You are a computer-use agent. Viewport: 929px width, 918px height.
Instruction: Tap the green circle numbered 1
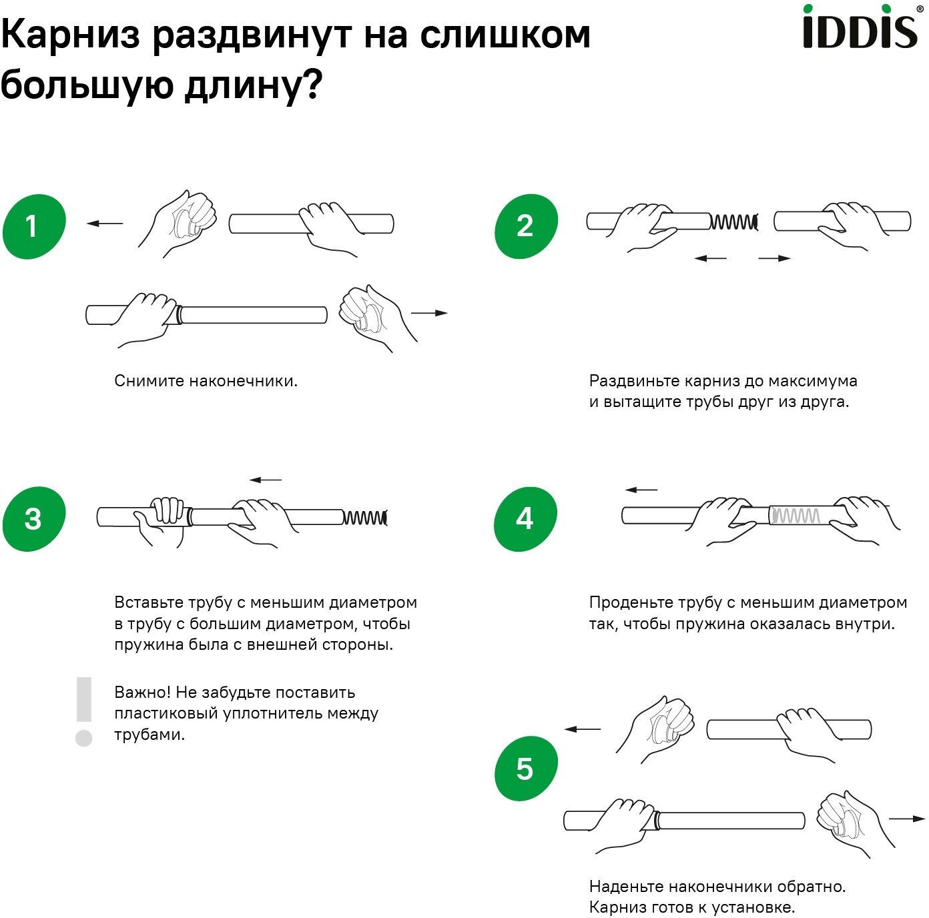[34, 226]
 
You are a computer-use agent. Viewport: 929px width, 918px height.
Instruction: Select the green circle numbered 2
[526, 226]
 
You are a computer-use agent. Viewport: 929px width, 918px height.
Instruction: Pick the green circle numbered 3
[34, 518]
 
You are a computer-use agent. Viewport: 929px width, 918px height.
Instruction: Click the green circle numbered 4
[526, 518]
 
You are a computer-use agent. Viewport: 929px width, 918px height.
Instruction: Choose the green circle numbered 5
[526, 769]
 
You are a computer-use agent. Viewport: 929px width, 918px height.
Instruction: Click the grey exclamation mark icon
[84, 711]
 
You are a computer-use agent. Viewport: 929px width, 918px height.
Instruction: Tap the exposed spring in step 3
[365, 517]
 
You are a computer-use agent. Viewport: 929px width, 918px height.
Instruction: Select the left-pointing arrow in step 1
[105, 223]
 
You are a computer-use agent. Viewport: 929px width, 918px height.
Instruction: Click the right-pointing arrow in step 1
[429, 313]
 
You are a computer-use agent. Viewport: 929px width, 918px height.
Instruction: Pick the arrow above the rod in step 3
[266, 480]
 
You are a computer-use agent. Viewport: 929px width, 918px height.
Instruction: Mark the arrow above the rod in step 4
[641, 490]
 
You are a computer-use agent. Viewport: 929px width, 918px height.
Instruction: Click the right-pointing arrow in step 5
[907, 819]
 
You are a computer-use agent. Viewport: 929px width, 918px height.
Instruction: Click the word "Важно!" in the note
[142, 692]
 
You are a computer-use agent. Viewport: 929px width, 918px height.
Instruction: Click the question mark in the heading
[312, 85]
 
